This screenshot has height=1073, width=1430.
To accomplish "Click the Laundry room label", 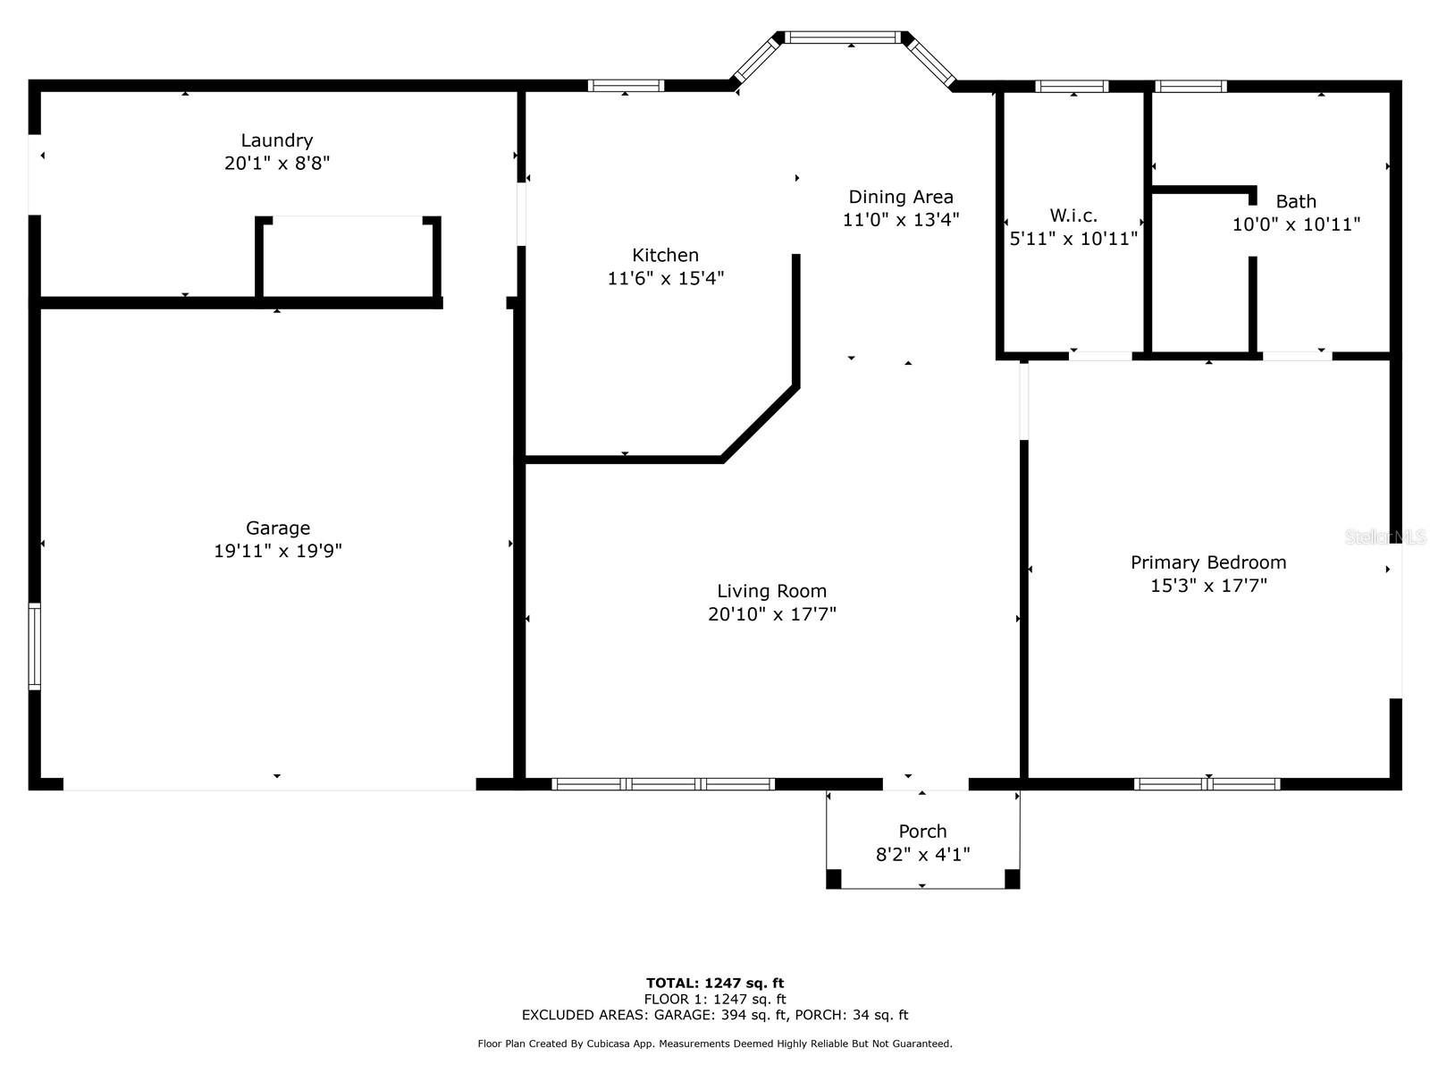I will click(x=277, y=140).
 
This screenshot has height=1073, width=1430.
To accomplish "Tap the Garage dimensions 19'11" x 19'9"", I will click(x=277, y=551).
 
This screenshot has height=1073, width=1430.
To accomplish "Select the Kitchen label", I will click(x=665, y=255).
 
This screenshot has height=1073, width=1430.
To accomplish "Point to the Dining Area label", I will click(x=900, y=197).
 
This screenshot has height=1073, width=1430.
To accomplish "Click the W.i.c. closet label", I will click(x=1072, y=215).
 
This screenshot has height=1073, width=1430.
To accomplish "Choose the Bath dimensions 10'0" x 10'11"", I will click(x=1296, y=224).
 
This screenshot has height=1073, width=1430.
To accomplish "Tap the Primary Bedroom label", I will click(x=1208, y=562).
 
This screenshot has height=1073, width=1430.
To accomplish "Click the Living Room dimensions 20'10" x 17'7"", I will click(x=771, y=614).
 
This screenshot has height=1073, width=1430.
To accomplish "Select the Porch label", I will click(x=922, y=831).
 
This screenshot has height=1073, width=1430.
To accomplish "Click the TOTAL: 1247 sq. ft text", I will click(x=715, y=983).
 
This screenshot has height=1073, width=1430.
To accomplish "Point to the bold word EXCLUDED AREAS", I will click(x=585, y=1015).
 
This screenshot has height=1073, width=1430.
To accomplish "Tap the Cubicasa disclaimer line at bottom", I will click(x=715, y=1043).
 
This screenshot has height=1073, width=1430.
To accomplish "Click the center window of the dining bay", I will click(x=844, y=38).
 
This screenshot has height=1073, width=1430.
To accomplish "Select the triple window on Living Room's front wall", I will click(x=663, y=784).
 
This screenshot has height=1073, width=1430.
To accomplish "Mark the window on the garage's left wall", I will click(x=35, y=646).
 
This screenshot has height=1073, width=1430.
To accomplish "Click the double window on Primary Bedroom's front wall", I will click(x=1207, y=784).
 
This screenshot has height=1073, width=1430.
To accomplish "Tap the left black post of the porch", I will click(x=833, y=879).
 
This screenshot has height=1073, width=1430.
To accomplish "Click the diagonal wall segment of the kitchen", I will click(x=760, y=423).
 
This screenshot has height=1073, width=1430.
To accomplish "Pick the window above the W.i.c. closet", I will click(x=1072, y=87).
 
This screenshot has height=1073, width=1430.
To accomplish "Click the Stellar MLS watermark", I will click(x=1385, y=536).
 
